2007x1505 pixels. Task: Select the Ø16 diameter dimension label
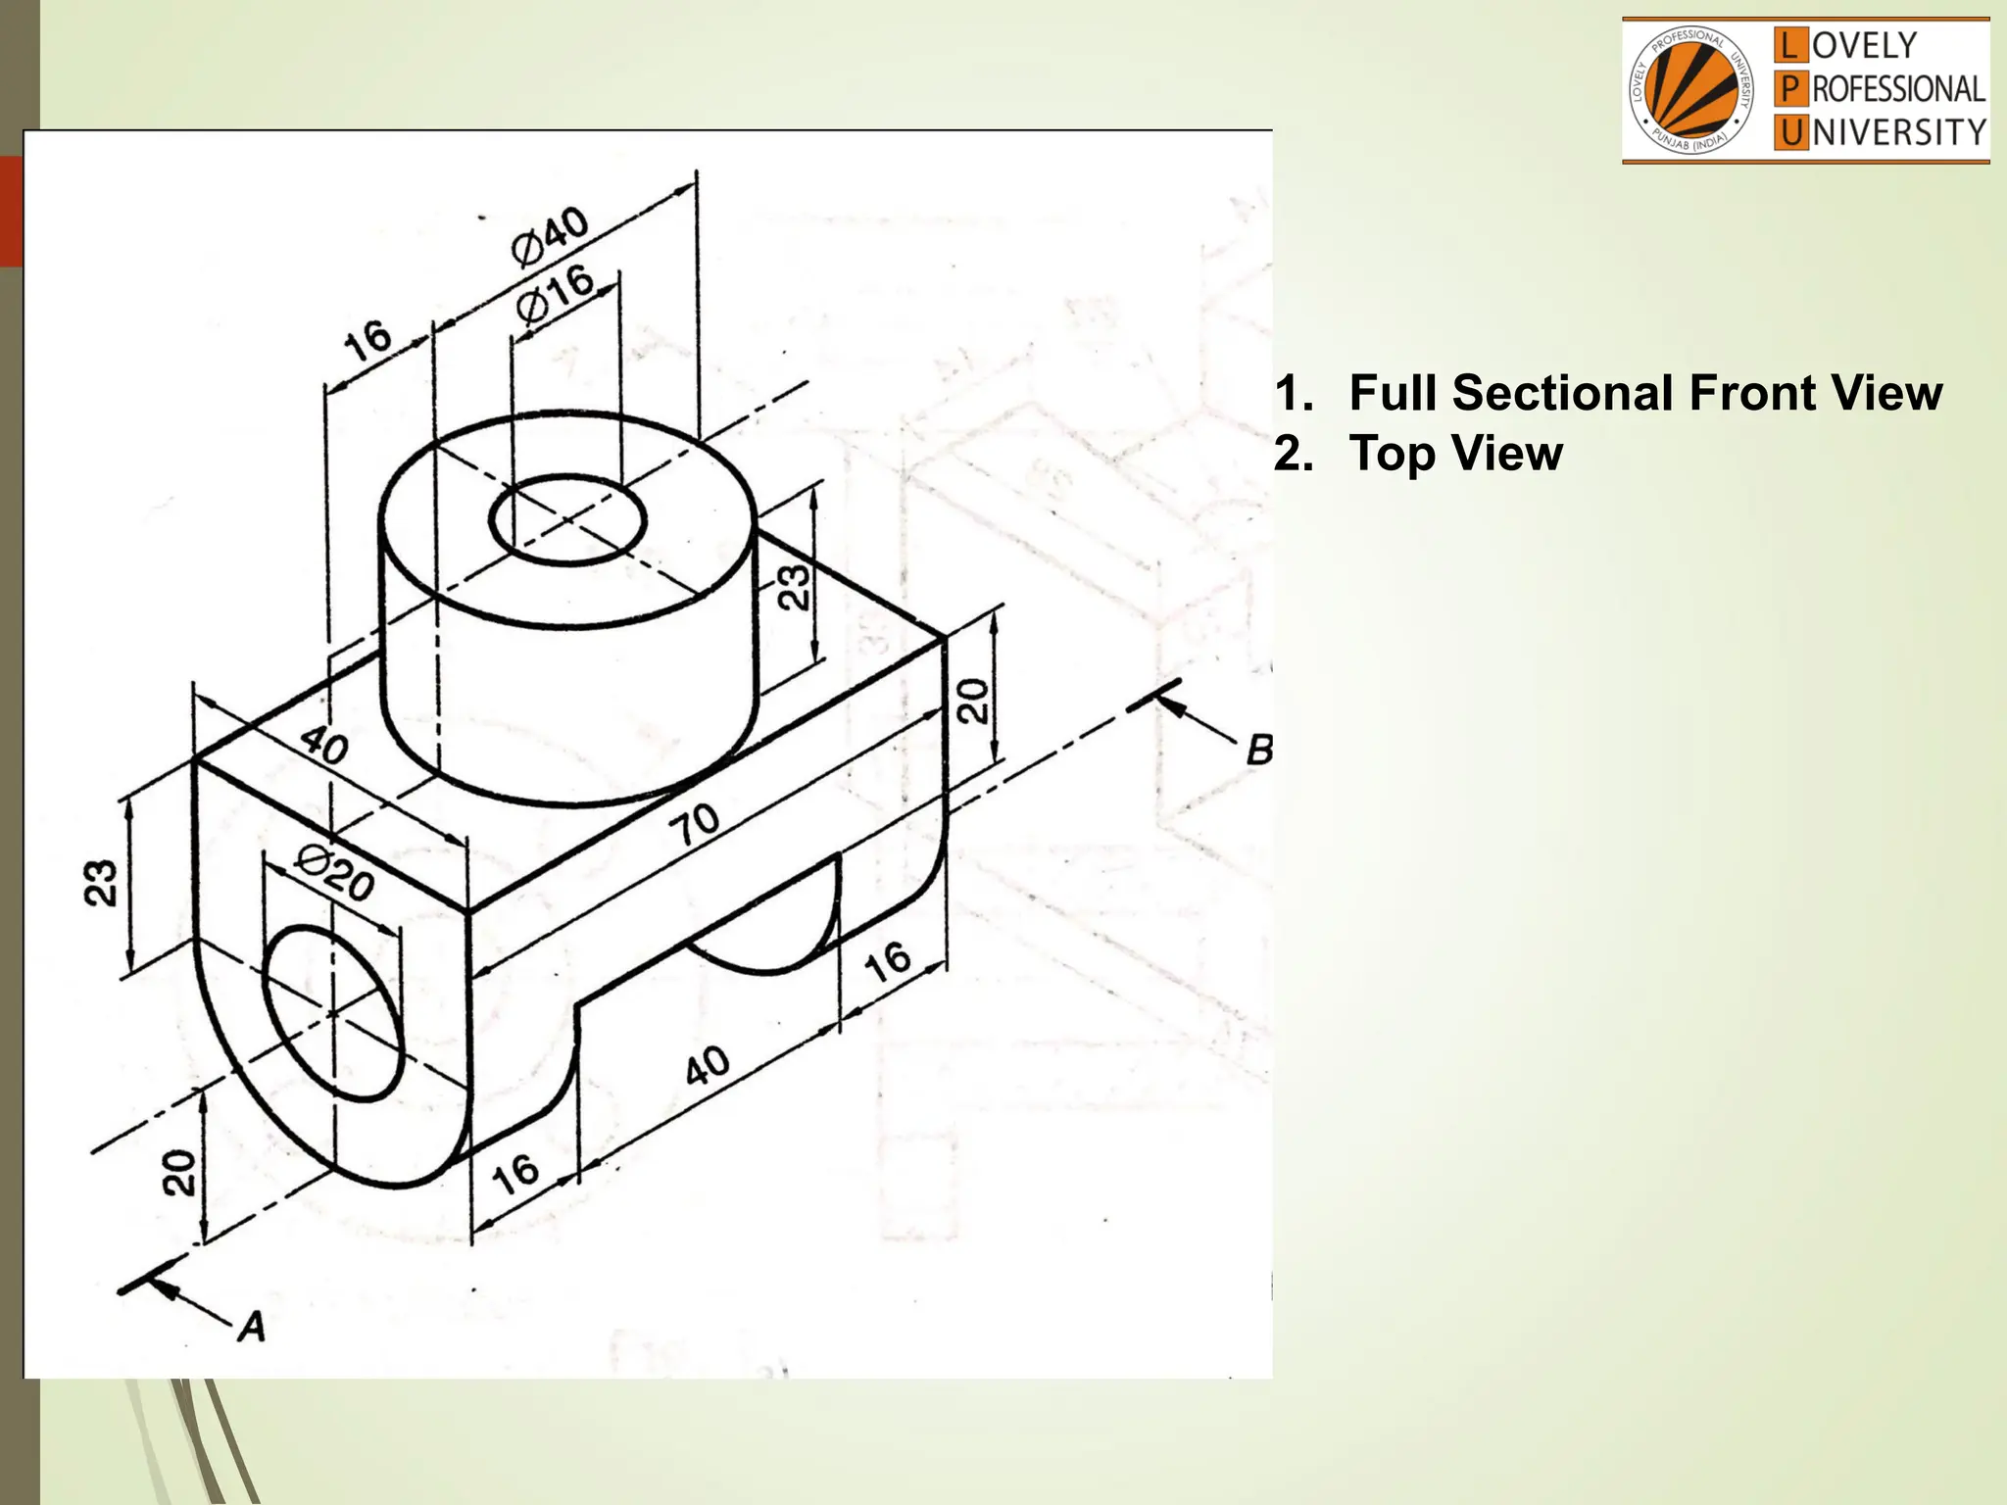[555, 295]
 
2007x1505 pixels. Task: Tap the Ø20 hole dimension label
[334, 875]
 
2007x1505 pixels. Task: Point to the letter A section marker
[252, 1327]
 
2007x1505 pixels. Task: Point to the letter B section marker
[1258, 751]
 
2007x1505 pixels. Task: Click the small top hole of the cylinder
[566, 520]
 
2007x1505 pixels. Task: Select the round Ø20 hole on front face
[333, 1013]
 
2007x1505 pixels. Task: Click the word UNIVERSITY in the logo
[1898, 132]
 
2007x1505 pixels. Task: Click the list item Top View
[1455, 454]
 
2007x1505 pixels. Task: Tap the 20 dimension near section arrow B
[972, 701]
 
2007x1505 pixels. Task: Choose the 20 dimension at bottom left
[178, 1172]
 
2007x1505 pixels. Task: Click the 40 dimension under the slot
[707, 1065]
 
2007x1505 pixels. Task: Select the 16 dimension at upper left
[367, 340]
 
